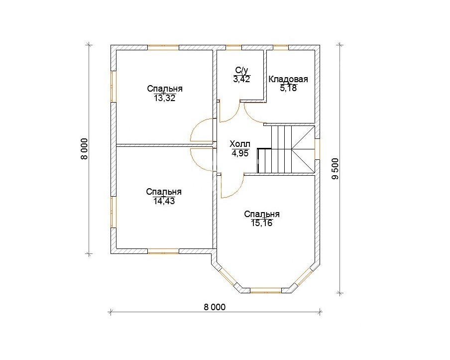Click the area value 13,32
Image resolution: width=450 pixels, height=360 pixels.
[164, 99]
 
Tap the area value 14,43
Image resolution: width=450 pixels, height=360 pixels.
[164, 201]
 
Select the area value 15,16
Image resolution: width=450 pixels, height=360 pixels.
[261, 223]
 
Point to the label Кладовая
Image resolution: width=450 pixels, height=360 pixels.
[288, 79]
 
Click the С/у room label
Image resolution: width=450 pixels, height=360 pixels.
[241, 70]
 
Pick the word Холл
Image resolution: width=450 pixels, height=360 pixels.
[240, 144]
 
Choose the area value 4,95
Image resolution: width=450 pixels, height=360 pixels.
[240, 153]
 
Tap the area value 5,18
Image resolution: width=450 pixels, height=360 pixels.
[288, 88]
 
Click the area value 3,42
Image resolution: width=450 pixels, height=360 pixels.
[241, 79]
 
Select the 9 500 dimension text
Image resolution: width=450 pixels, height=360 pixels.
[335, 169]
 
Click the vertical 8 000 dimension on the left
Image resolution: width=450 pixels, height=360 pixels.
[85, 149]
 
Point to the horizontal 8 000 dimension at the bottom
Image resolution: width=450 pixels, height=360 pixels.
[215, 307]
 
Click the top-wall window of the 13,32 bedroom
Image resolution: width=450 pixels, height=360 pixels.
[163, 48]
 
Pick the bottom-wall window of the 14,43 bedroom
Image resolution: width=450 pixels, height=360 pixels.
[164, 251]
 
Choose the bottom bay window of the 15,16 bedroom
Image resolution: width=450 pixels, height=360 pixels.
[266, 290]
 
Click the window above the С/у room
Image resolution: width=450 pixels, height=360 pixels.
[233, 48]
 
